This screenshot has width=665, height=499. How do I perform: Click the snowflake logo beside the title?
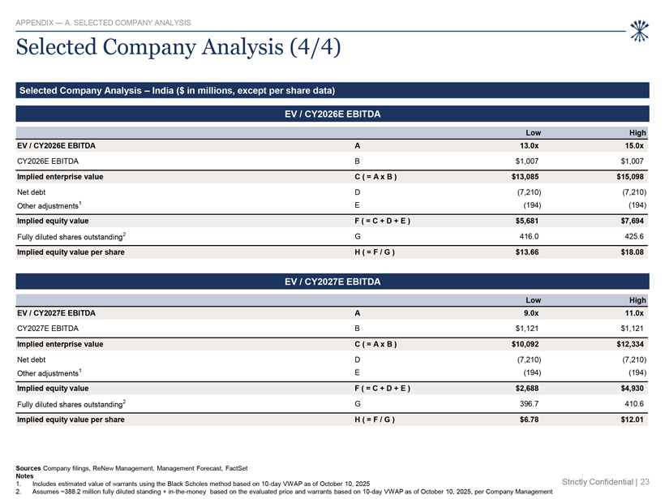click(639, 31)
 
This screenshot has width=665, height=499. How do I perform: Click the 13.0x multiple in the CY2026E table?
click(530, 146)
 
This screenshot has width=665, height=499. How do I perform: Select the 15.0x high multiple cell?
click(634, 146)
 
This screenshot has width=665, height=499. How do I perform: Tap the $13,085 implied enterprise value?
click(525, 177)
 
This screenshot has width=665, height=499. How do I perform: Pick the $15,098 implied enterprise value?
click(630, 177)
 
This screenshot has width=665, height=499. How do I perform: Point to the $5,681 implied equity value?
click(527, 221)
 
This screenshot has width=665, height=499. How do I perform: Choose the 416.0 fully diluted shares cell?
click(530, 236)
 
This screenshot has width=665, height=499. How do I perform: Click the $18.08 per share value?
click(633, 252)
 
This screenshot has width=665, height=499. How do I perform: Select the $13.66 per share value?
click(527, 252)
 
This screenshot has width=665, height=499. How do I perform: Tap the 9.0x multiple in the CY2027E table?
click(531, 313)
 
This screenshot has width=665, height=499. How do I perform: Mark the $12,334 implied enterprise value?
click(630, 344)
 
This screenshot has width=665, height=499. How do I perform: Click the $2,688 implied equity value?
click(527, 389)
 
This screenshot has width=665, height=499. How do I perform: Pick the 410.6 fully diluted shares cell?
click(634, 404)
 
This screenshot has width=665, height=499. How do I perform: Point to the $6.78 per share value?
click(530, 419)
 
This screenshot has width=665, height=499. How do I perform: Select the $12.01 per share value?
click(633, 419)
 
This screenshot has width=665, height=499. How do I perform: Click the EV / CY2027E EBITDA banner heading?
click(332, 282)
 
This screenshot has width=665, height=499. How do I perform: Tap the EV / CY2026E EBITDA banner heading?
click(332, 114)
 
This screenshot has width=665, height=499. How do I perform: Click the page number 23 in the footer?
click(645, 482)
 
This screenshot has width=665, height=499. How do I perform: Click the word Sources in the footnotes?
click(28, 468)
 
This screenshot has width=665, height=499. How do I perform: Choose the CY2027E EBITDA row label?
click(48, 329)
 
